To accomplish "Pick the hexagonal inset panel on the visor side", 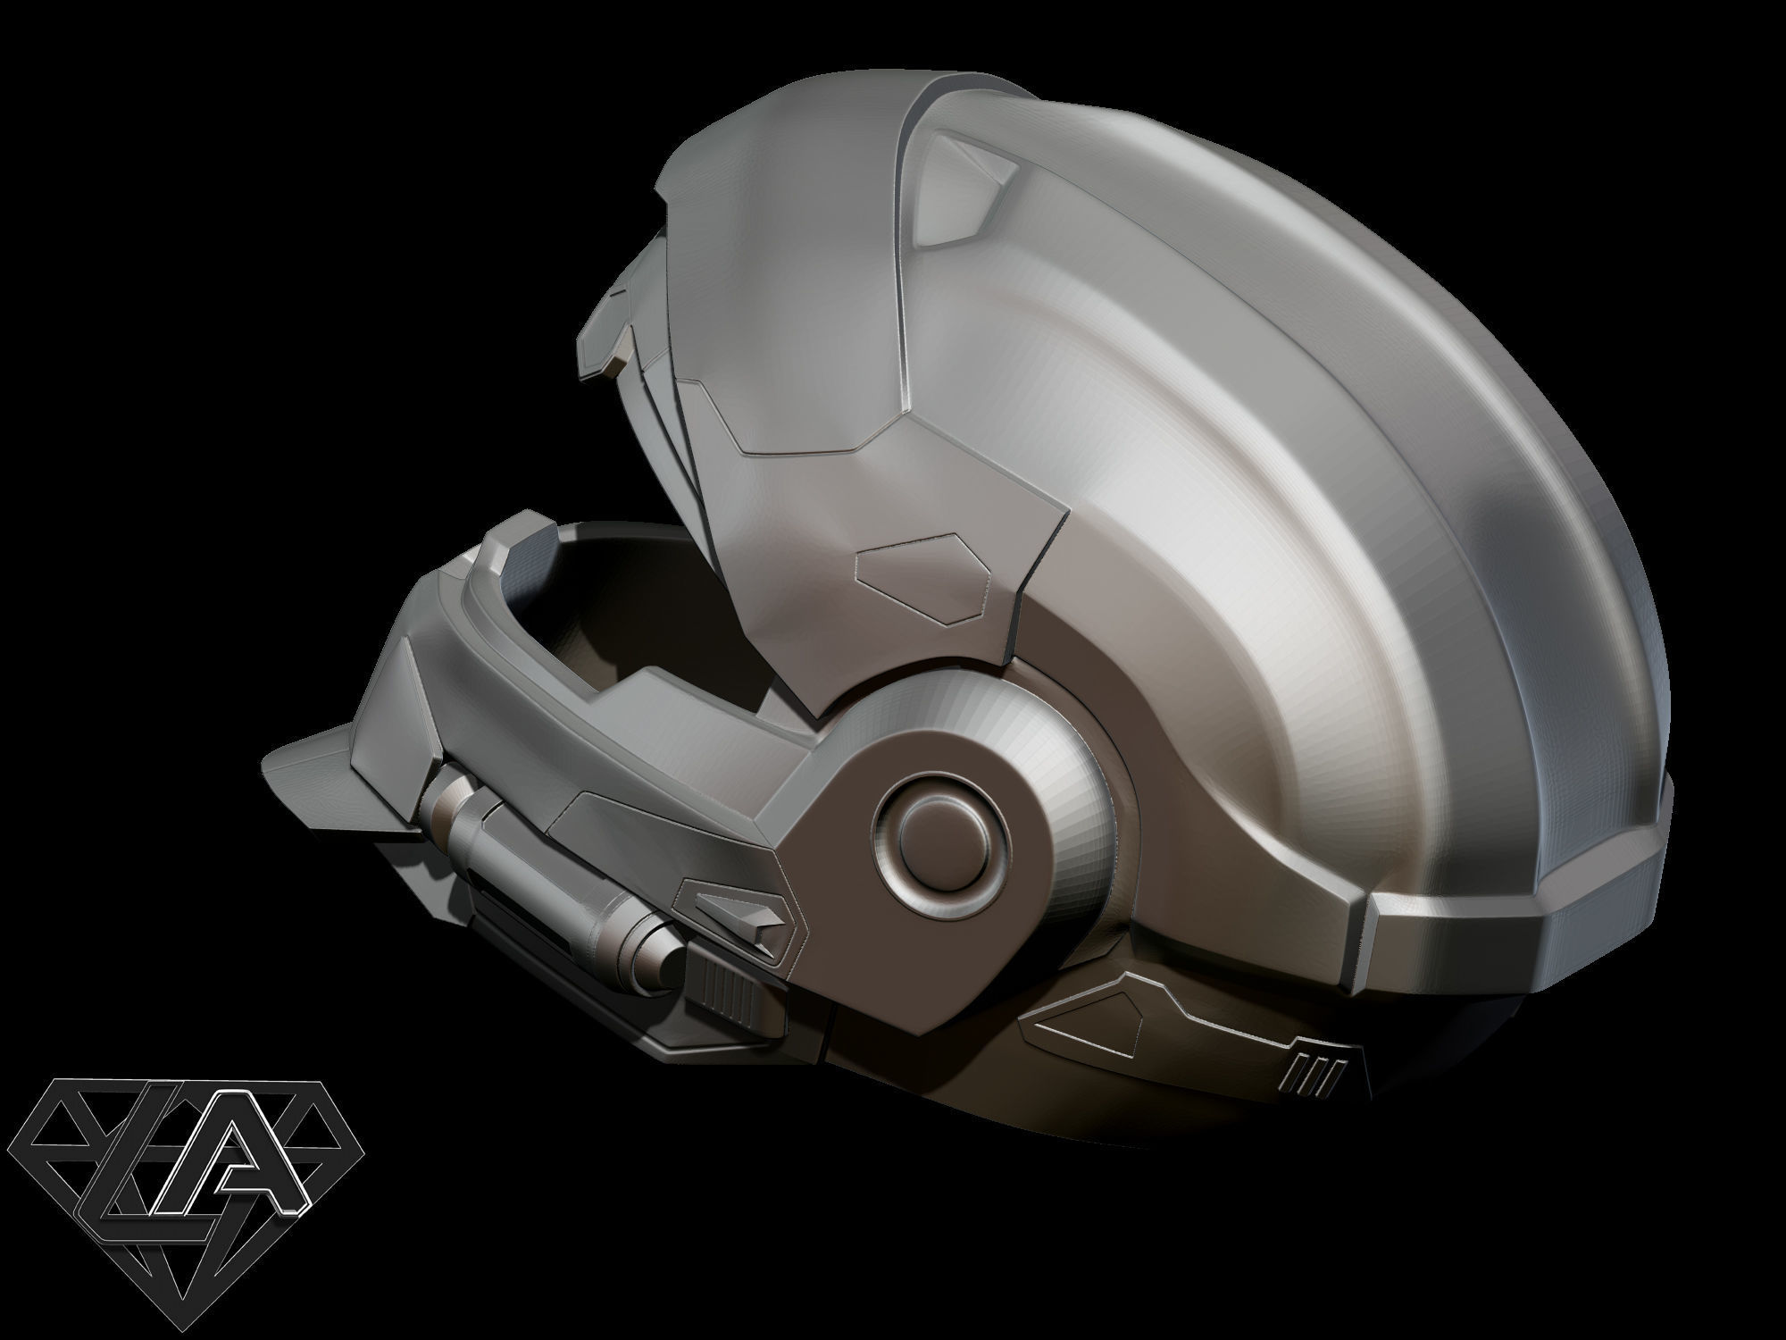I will pos(924,576).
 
